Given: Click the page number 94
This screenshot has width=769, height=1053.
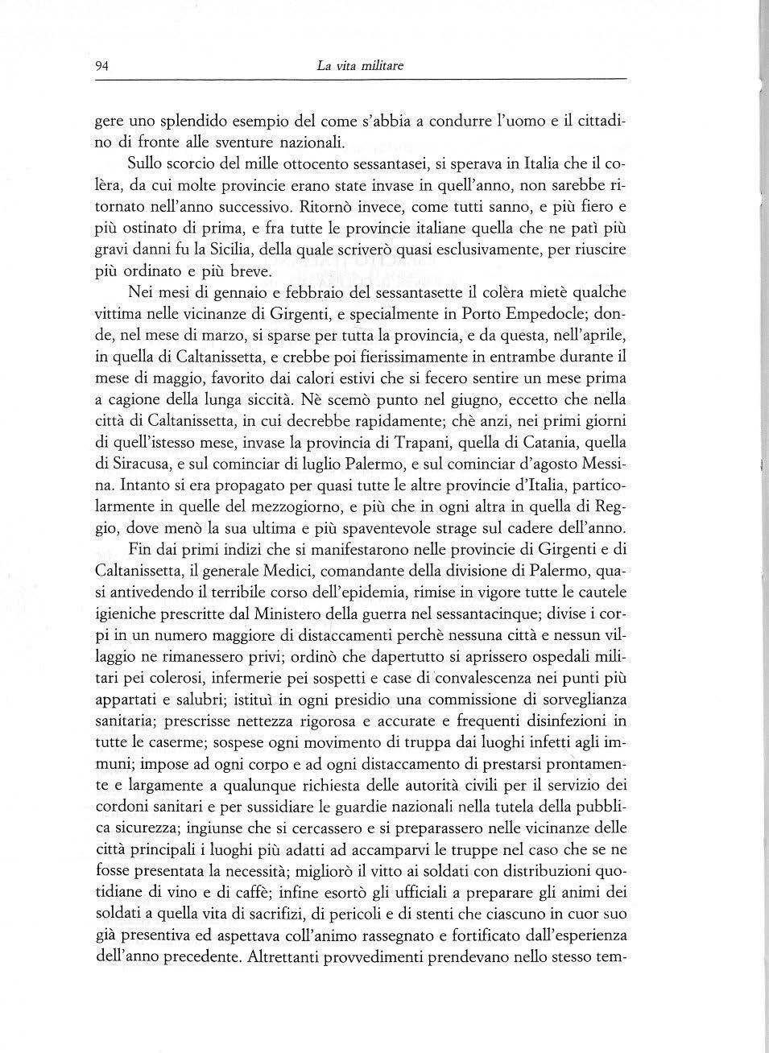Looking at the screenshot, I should coord(101,66).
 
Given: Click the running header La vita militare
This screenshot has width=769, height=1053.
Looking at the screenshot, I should coord(360,66).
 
